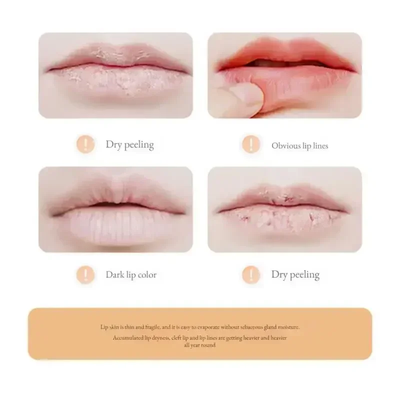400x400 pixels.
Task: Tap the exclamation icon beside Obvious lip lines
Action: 250,145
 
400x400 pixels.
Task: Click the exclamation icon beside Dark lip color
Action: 85,274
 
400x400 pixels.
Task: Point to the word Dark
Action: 114,275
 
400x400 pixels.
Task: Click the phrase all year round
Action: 200,345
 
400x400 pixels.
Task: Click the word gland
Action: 267,327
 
